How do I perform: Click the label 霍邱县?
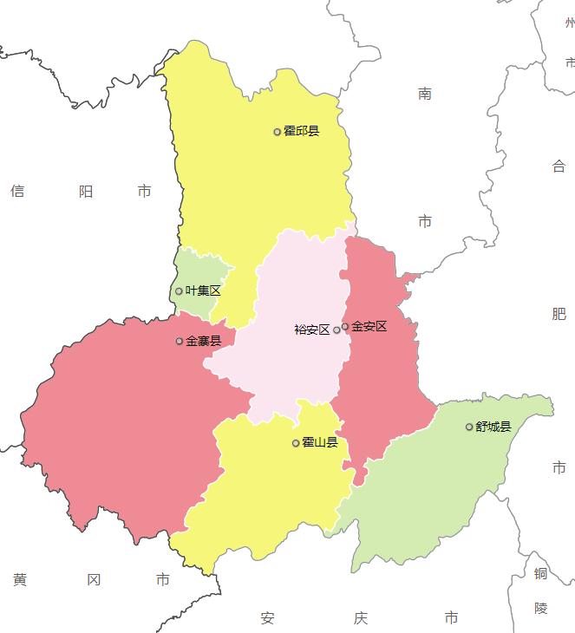pos(302,132)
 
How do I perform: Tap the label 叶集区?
pos(204,291)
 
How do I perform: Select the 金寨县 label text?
pos(204,342)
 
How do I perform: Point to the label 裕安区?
pos(312,330)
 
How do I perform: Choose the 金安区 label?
pos(369,327)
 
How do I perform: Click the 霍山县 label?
pos(320,443)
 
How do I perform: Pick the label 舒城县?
pos(493,427)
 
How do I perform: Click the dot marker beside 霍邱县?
pos(278,132)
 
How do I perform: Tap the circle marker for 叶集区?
pos(180,291)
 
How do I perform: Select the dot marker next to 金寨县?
pos(180,342)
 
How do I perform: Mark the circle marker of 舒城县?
pos(469,427)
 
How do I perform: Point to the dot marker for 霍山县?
pos(296,443)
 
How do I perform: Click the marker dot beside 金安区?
pos(345,327)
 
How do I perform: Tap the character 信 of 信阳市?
pos(17,191)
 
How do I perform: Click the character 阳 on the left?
pos(85,191)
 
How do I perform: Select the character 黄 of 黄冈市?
pos(20,579)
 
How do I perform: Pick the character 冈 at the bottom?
pos(95,579)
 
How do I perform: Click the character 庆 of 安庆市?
pos(361,618)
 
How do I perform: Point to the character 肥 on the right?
pos(559,313)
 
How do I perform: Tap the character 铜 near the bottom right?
pos(541,573)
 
